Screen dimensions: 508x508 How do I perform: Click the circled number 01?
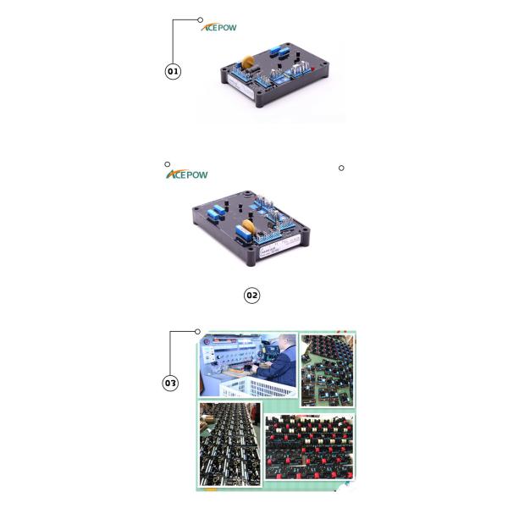click(173, 71)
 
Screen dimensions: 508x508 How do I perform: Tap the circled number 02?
click(251, 295)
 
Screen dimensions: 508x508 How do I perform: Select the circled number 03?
click(170, 383)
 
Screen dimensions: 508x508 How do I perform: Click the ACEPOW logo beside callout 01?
click(219, 27)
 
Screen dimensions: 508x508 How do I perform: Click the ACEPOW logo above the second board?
click(186, 174)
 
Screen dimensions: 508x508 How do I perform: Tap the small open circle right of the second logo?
click(341, 168)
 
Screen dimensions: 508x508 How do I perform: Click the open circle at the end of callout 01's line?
click(201, 19)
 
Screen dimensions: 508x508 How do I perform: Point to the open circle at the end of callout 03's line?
click(197, 331)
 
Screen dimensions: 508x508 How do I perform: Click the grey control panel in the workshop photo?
click(229, 360)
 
